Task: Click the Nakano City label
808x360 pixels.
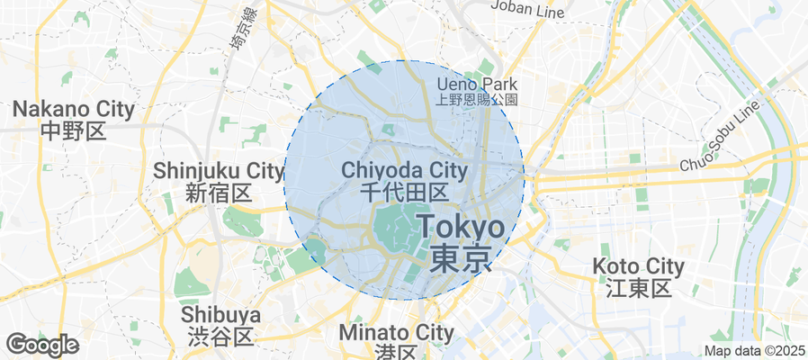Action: pos(74,110)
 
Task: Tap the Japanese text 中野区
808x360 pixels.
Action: pos(74,131)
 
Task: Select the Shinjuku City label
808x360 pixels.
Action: pos(219,170)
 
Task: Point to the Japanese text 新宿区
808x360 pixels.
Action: pos(220,192)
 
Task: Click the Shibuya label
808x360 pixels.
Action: pos(220,315)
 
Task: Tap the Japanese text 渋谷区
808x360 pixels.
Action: pos(220,336)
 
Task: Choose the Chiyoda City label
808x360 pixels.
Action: pos(404,170)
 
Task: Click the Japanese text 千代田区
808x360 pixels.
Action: pos(404,192)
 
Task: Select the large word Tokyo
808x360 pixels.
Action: pos(461,225)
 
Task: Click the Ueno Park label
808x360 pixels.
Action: pos(478,84)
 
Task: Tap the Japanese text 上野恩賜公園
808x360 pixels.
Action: pos(478,99)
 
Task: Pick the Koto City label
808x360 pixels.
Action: pos(639,266)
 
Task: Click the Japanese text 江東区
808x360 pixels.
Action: pos(639,288)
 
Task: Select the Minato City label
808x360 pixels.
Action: pos(397,332)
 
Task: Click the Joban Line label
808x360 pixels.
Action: pos(527,9)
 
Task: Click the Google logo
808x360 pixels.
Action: pos(41,345)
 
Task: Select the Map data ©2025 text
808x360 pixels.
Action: pos(754,351)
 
